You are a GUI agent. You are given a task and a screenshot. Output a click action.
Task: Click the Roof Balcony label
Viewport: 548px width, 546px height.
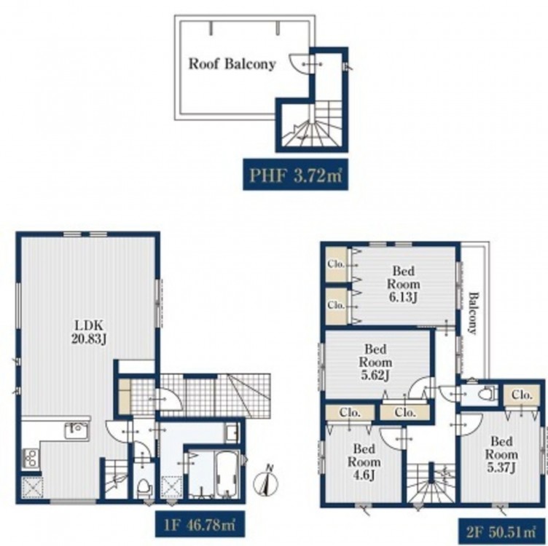(232, 64)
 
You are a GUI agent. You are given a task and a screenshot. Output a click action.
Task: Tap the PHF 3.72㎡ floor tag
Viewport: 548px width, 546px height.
(296, 175)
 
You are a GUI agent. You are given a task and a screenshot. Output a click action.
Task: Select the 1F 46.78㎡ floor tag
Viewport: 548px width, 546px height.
(200, 524)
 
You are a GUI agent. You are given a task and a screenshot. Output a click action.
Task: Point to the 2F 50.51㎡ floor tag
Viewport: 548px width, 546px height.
(501, 532)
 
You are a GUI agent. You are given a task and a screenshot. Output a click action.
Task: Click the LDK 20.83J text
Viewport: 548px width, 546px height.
(89, 332)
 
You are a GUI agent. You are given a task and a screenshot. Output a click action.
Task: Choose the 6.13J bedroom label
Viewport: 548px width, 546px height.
(403, 284)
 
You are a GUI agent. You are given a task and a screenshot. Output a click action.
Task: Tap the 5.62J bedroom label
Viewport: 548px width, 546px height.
(375, 362)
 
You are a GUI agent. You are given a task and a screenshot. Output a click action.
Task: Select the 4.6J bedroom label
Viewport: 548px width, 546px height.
(364, 462)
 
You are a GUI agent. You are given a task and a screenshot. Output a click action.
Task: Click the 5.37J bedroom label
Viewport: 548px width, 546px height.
(501, 454)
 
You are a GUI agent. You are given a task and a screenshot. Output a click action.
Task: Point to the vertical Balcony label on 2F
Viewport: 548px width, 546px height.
(472, 313)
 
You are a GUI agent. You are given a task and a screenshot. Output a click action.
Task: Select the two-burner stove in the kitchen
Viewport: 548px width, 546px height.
(30, 458)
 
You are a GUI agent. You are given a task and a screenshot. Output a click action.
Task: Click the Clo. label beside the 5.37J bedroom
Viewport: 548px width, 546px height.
(521, 395)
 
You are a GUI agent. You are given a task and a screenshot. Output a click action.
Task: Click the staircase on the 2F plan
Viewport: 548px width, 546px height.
(431, 483)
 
